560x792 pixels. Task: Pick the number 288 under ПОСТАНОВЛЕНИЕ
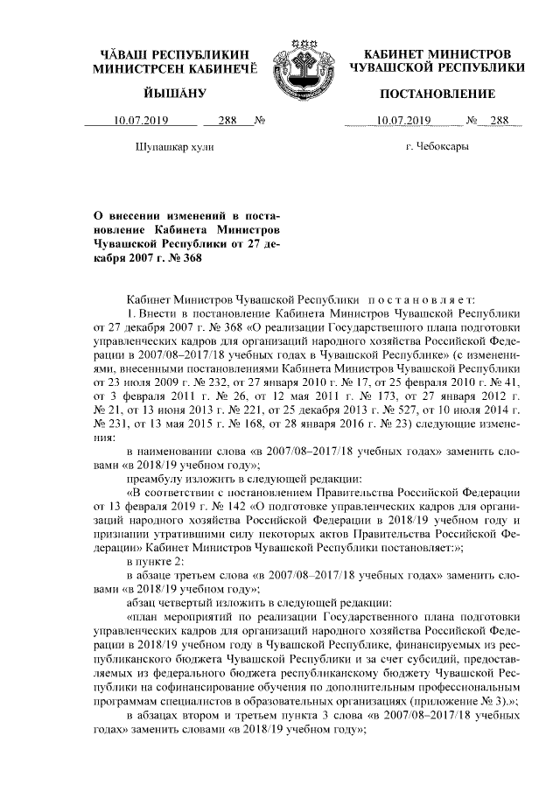pyautogui.click(x=500, y=122)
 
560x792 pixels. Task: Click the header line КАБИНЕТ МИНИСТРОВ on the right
pyautogui.click(x=437, y=53)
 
